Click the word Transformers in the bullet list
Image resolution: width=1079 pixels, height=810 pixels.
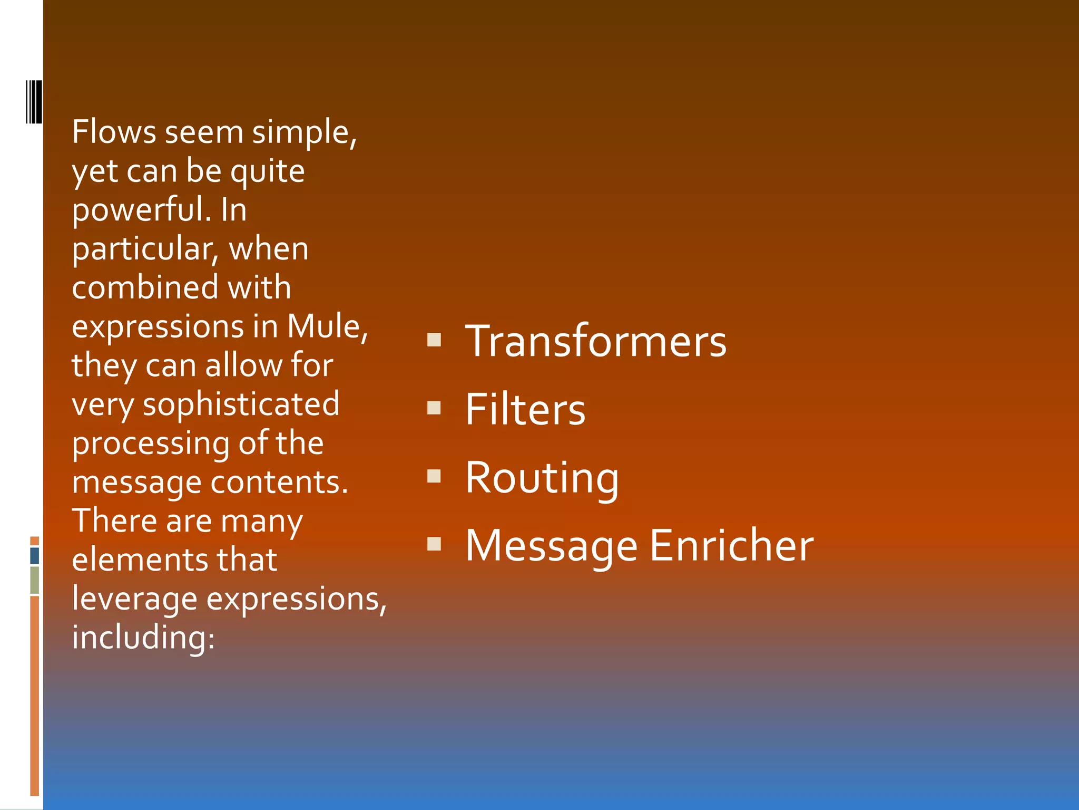pos(595,342)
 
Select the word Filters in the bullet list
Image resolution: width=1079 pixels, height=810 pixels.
pos(525,410)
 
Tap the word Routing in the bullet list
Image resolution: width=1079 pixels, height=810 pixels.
pos(542,478)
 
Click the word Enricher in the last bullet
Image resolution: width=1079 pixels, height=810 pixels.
pos(731,546)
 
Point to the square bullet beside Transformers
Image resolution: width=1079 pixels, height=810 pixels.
pos(434,340)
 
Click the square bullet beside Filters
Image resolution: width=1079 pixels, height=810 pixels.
pos(434,408)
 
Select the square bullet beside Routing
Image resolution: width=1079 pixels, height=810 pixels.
pos(434,476)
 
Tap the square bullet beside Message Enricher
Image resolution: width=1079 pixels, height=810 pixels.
pos(434,544)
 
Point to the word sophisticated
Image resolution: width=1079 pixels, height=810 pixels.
pos(241,405)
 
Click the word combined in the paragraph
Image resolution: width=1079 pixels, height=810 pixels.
pos(145,288)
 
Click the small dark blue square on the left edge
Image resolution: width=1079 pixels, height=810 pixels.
pos(35,556)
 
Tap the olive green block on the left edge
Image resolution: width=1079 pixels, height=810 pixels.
pos(35,580)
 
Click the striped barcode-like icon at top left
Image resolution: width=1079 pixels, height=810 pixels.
pos(34,102)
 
